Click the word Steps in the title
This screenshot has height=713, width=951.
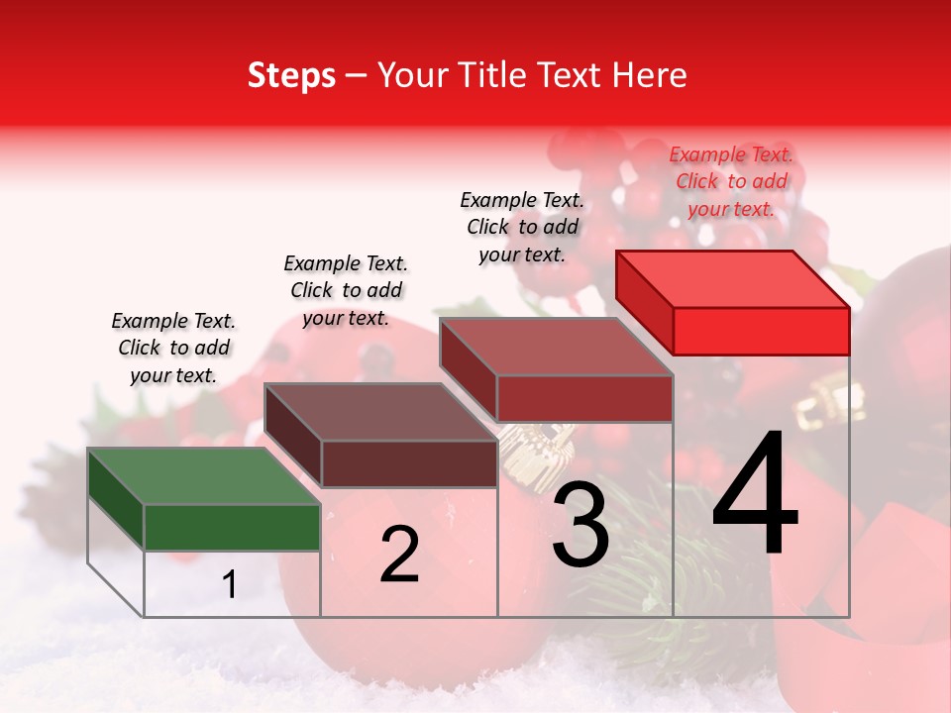click(291, 76)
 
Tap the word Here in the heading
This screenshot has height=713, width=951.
click(646, 76)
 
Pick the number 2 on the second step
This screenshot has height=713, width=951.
click(399, 555)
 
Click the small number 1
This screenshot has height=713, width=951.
click(230, 585)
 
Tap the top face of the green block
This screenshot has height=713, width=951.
click(203, 476)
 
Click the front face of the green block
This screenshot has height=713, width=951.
click(232, 527)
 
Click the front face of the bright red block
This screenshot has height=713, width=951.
click(761, 331)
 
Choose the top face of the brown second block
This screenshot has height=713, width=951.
click(380, 411)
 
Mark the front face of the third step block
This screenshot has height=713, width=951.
click(584, 398)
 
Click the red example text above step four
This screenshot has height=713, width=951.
click(731, 181)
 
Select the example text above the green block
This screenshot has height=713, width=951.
click(173, 348)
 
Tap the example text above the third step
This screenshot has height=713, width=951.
click(522, 227)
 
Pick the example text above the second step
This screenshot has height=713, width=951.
click(346, 290)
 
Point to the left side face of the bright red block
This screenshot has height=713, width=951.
click(645, 303)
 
